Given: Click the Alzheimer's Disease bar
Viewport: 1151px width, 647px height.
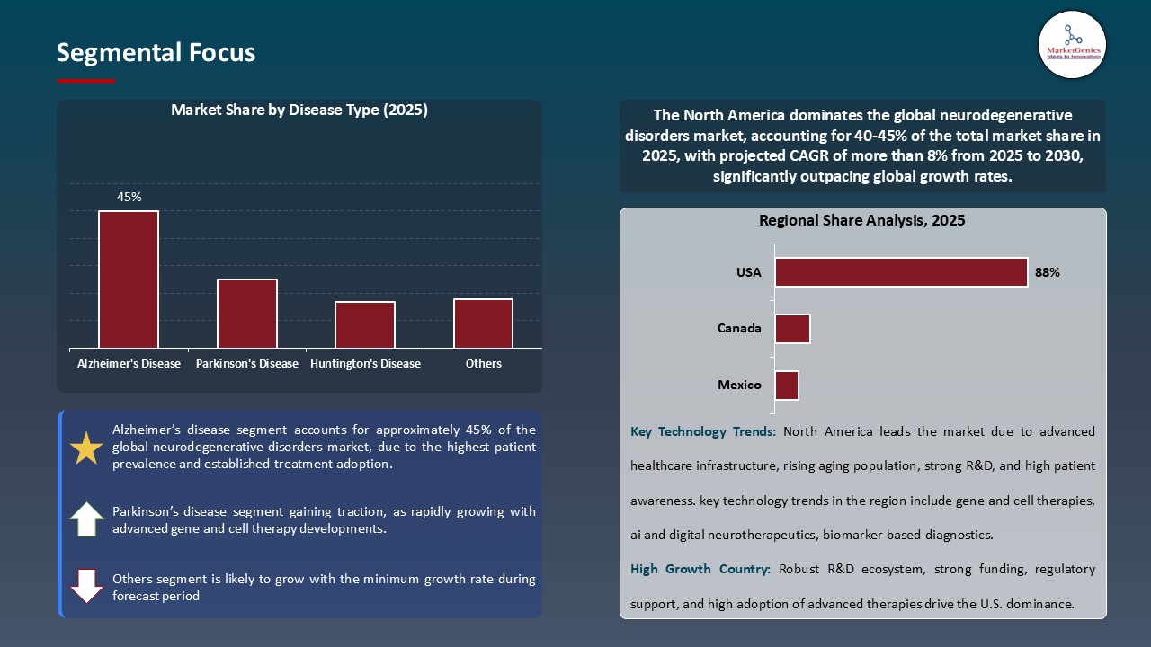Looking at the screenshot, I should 129,279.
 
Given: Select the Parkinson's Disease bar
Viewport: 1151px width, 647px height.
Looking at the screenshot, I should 247,314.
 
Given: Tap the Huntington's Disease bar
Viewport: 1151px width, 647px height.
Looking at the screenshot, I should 365,324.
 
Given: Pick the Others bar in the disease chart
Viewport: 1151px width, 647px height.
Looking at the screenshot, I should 483,323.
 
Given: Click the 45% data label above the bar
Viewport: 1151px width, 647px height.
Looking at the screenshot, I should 129,197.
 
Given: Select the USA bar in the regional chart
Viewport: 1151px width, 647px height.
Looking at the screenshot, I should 901,272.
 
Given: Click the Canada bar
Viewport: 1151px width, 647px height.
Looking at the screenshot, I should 792,329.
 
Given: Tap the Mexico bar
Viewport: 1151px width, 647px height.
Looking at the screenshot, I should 787,386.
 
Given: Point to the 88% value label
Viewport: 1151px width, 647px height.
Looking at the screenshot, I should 1048,272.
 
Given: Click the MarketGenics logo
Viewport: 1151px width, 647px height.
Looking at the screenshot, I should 1072,43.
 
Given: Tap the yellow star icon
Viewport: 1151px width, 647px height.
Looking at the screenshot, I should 86,448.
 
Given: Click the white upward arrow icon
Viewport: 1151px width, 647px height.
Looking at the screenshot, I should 86,519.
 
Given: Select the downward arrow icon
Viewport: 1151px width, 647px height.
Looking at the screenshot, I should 86,585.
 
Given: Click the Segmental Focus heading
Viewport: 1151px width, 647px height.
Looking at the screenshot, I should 156,53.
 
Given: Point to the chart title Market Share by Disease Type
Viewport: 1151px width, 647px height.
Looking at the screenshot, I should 299,111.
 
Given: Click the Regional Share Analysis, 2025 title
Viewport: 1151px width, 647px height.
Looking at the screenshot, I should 861,220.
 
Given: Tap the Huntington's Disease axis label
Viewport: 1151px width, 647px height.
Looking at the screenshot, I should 365,364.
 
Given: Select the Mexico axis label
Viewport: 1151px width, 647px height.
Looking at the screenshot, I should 739,386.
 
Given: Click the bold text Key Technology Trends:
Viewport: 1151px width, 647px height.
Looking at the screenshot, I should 703,431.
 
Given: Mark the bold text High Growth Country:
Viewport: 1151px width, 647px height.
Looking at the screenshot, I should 700,569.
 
